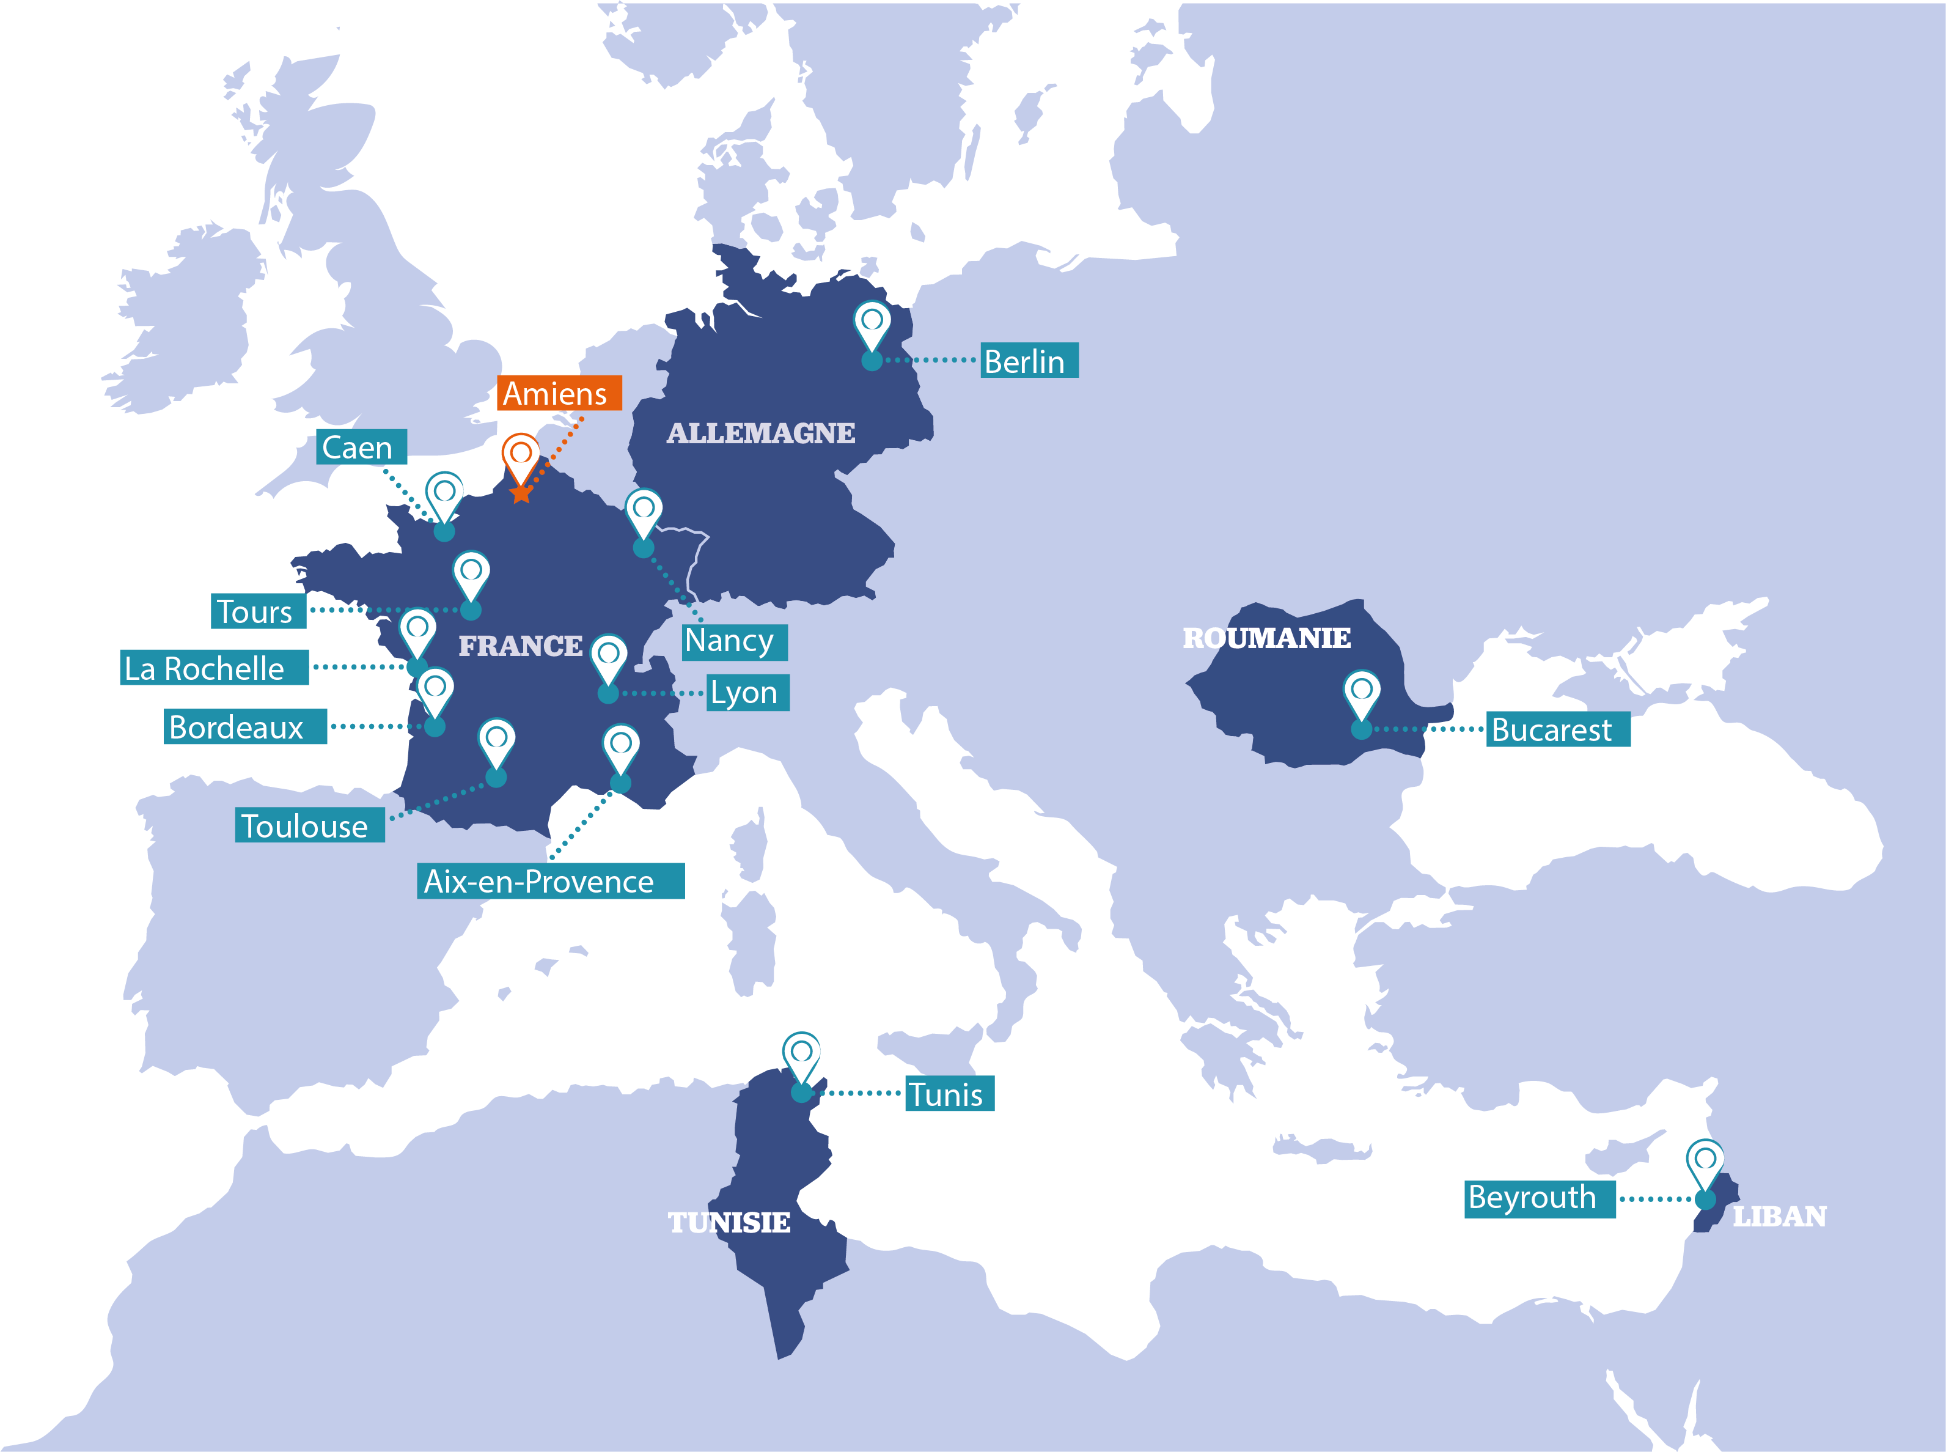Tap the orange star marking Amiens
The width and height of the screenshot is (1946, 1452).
(521, 493)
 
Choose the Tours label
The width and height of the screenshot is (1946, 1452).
(259, 611)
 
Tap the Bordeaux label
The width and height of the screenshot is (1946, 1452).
(245, 727)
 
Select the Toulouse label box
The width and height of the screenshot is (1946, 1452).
(309, 825)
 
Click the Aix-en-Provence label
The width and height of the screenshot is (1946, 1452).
(550, 881)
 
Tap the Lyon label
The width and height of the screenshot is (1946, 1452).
(747, 693)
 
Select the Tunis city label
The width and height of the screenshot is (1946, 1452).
(949, 1094)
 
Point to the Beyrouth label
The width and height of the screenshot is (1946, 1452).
(1538, 1199)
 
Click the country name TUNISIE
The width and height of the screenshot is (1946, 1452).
(729, 1223)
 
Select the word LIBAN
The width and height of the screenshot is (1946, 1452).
(1779, 1217)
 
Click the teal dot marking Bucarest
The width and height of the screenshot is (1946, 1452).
(1361, 729)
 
